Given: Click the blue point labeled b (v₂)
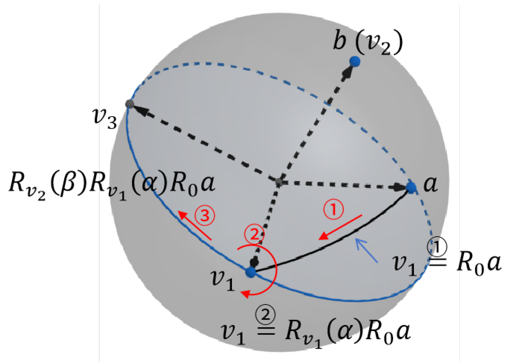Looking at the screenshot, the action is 355,61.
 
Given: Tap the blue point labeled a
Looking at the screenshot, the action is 411,187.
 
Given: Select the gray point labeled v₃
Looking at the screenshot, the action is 129,104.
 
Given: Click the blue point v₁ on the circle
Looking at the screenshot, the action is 251,272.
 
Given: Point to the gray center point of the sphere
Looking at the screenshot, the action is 279,182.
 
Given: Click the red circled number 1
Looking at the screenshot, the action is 333,209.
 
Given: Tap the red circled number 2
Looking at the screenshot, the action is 254,234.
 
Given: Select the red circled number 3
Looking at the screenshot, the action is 205,215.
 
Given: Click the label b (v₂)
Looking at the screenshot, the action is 368,43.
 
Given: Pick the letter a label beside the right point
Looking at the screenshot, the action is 430,184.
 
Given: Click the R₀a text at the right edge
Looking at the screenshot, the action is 479,263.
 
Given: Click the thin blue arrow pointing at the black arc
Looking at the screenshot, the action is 367,250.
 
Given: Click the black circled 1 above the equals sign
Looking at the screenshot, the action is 437,247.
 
